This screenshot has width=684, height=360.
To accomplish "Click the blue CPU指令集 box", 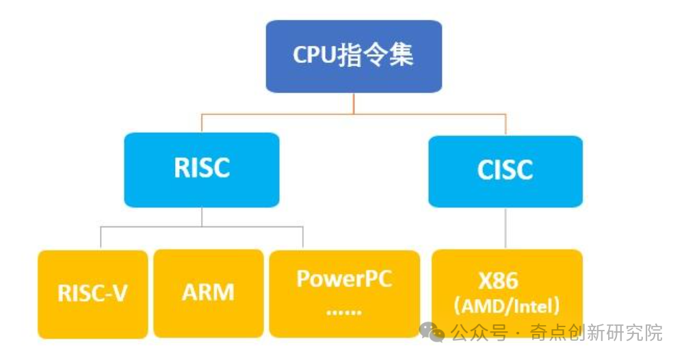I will (x=353, y=56).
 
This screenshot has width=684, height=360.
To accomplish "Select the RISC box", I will (x=202, y=169).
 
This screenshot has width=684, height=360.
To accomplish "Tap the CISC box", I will (x=505, y=171).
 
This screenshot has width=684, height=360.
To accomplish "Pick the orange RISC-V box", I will (x=92, y=294).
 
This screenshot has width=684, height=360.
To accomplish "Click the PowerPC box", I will (x=344, y=294).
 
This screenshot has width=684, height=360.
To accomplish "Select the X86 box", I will (x=507, y=293).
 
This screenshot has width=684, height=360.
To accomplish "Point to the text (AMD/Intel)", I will (x=507, y=305).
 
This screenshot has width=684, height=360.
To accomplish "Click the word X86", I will (x=498, y=281).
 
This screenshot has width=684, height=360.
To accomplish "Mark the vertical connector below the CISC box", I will (x=506, y=227).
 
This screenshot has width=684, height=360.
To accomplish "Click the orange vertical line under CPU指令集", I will (x=354, y=103).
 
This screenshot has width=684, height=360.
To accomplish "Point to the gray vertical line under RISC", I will (x=202, y=217).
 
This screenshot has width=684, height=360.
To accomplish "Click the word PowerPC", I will (x=344, y=279).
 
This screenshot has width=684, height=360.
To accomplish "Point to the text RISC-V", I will (x=92, y=294).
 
